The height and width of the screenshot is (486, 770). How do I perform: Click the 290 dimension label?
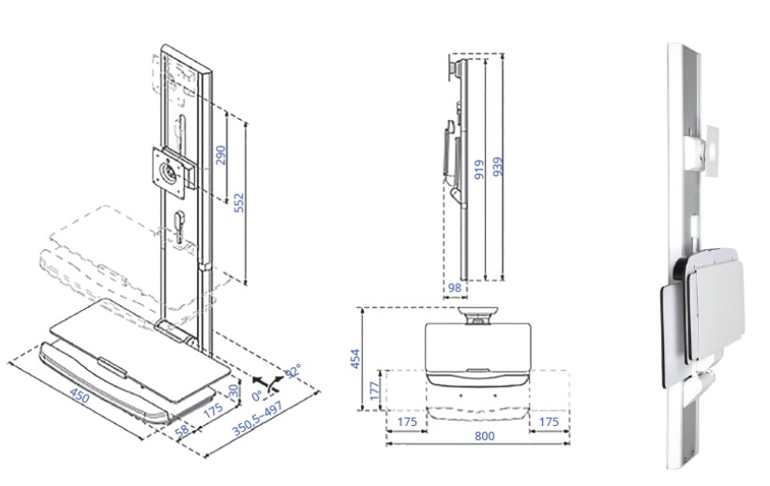[221, 155]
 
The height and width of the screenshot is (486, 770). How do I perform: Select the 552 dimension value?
[238, 203]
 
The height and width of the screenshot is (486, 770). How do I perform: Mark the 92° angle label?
[292, 373]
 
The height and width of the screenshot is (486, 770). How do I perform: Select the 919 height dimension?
[479, 169]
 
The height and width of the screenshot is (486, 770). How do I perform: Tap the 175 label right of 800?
[550, 423]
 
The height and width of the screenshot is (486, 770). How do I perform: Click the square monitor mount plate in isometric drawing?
[171, 171]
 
